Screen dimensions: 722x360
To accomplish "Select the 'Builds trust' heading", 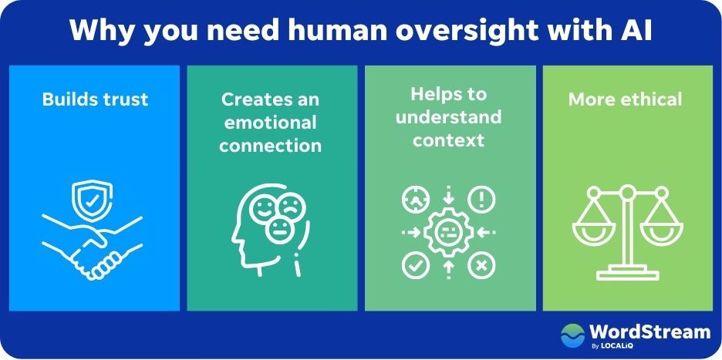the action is [96, 99].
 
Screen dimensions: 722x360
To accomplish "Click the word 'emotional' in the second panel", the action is [270, 123].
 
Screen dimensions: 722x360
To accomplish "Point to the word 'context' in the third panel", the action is [448, 140].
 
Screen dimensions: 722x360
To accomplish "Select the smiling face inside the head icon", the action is [264, 210].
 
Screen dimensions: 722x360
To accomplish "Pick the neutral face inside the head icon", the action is [279, 230].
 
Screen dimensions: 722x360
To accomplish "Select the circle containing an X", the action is [481, 265].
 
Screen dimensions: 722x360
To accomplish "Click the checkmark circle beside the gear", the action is [415, 265].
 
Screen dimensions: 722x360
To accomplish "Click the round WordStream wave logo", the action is [572, 335].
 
